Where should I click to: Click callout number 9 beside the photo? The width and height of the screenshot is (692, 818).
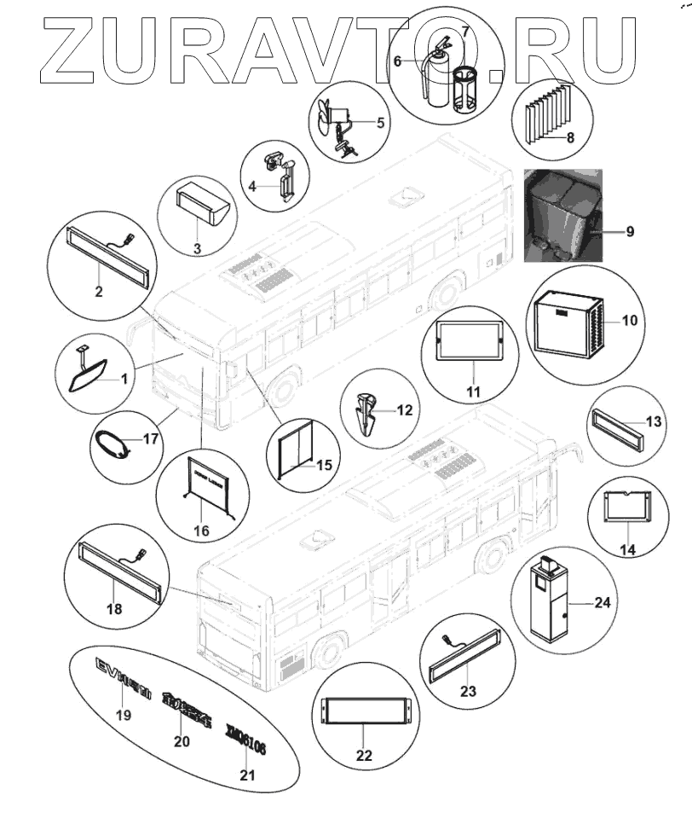pos(630,231)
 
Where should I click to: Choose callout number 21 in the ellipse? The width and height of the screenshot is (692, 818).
pos(247,774)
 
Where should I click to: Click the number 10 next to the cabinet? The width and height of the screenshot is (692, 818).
pos(631,322)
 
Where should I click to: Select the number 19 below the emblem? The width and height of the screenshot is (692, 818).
pos(124,715)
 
